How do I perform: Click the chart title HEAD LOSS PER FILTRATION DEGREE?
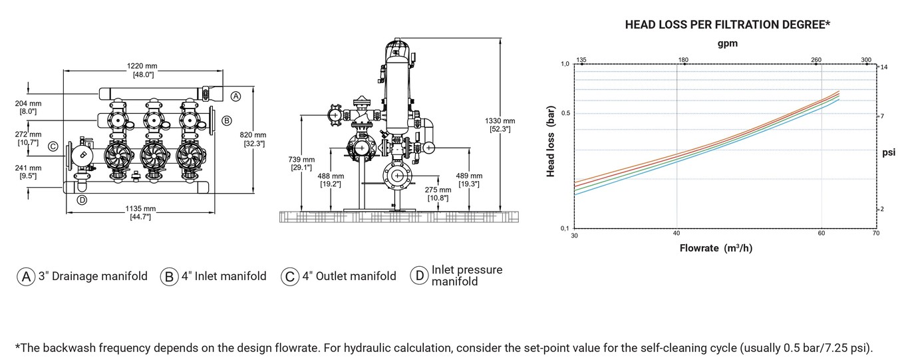[727, 25]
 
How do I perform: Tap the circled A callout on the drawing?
[235, 96]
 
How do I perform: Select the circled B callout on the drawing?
[227, 120]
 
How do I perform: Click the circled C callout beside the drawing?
[53, 146]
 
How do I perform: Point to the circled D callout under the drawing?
[82, 200]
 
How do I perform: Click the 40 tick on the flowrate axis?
[676, 234]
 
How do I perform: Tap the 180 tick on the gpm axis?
[683, 60]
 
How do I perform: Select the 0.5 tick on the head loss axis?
[565, 113]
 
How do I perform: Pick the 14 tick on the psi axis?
[884, 67]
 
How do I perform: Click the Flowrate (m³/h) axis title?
[716, 248]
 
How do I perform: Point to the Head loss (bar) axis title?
[550, 141]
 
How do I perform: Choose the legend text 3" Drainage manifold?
[93, 276]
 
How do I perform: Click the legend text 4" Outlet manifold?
[349, 276]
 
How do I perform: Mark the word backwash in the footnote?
[69, 347]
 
